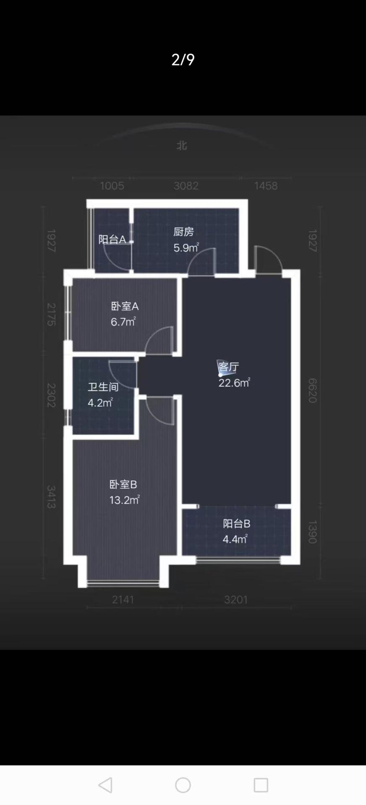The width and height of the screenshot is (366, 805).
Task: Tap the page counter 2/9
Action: coord(183,60)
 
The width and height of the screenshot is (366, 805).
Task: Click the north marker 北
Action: coord(182,145)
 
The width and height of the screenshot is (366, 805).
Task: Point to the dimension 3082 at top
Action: coord(186,186)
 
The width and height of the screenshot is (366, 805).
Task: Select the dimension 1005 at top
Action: coord(112,186)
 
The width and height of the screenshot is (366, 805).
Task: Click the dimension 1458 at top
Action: coord(266,186)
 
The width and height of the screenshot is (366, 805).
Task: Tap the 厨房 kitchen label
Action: coord(183,231)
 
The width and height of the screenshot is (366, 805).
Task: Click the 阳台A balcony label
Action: coord(112,239)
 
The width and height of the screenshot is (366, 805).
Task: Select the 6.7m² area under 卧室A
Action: coord(123,322)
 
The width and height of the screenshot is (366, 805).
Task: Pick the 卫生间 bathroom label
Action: coord(103,387)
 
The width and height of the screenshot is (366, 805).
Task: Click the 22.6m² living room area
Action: coord(234,382)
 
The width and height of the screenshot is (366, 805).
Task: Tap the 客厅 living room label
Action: coord(229,367)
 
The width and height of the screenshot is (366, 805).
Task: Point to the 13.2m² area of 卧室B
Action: coord(124,500)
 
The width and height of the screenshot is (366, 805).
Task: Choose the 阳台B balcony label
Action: coord(236,524)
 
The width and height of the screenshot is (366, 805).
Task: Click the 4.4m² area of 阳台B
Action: coord(235,539)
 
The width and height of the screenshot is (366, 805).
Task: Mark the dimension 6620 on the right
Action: coord(313,390)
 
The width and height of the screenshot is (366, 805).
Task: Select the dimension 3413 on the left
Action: coord(51,497)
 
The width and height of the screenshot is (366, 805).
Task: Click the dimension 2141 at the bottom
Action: coord(123,600)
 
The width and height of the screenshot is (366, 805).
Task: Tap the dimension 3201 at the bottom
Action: coord(236,600)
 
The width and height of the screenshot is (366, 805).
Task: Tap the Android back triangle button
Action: coord(105,785)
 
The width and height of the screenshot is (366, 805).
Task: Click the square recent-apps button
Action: coord(261,785)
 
